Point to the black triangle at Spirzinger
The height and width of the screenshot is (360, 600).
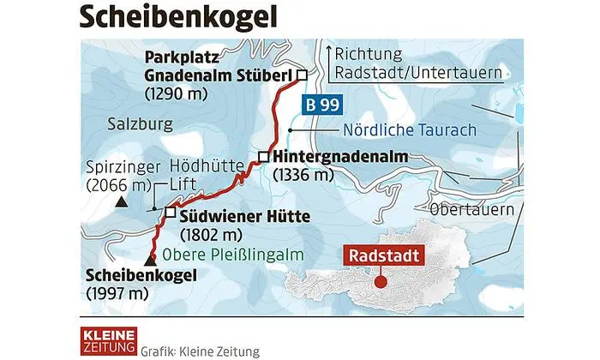(x=121, y=202)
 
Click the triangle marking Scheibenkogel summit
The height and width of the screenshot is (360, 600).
(x=151, y=260)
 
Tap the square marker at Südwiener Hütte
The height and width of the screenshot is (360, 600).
(x=170, y=213)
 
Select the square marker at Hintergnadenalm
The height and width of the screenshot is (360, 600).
(x=264, y=157)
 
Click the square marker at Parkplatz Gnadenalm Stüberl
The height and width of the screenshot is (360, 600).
(x=301, y=75)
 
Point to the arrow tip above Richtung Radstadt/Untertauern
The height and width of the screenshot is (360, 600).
(x=328, y=45)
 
